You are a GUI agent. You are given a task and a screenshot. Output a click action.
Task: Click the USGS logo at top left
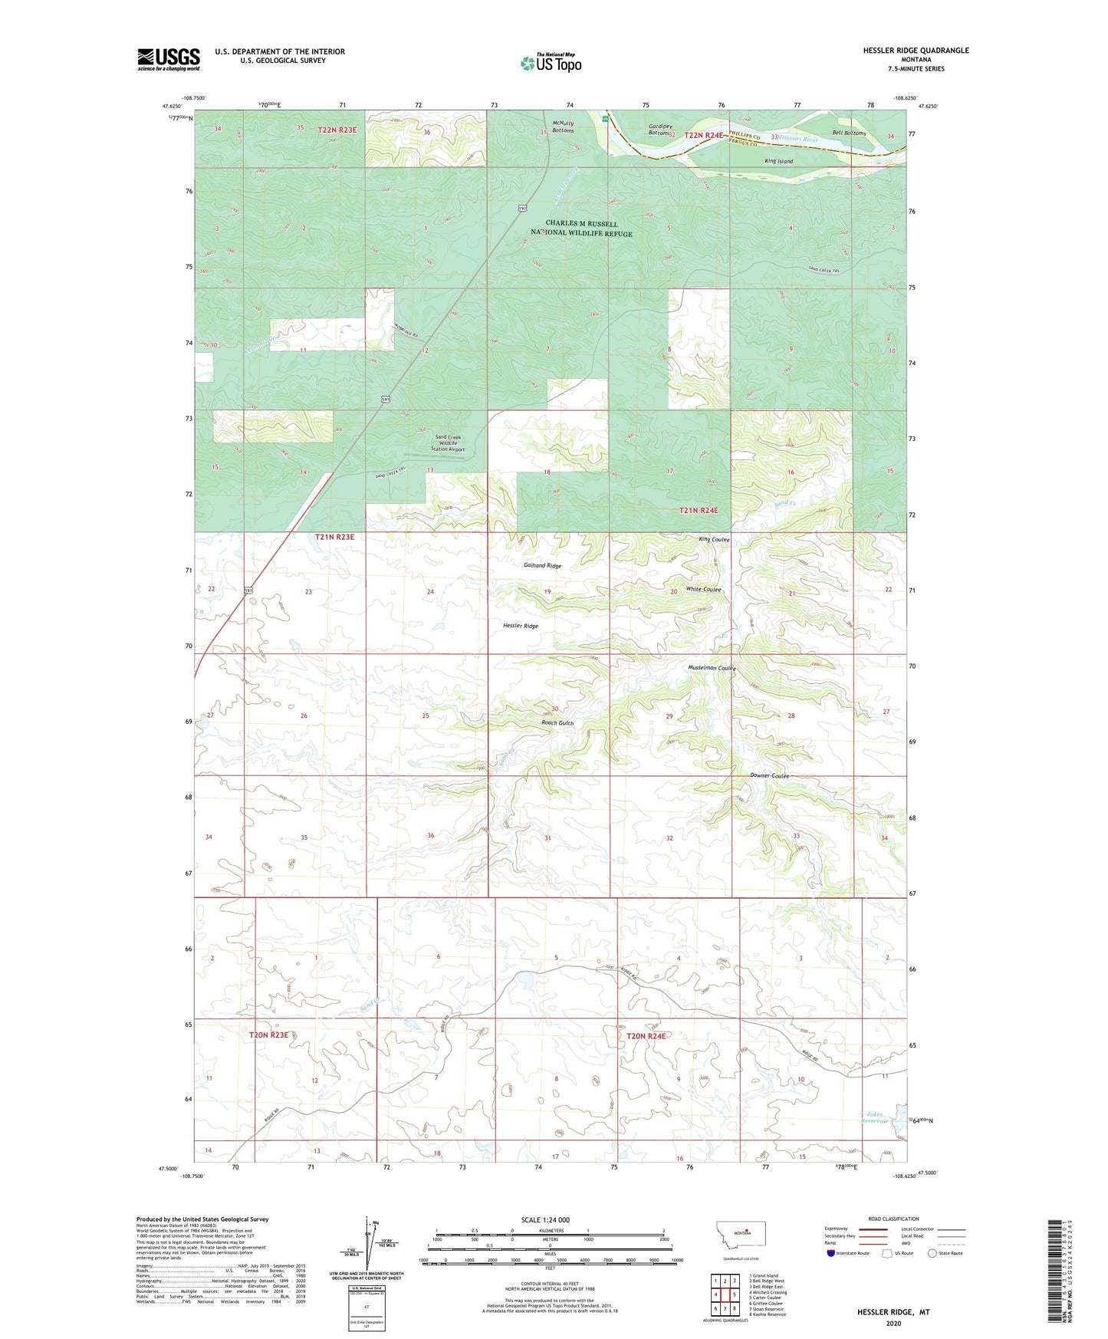click(168, 59)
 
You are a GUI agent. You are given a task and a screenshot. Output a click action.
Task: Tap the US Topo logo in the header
click(551, 63)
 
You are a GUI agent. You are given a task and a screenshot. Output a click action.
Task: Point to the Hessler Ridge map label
click(520, 626)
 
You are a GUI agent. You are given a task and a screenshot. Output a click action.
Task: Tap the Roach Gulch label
click(557, 723)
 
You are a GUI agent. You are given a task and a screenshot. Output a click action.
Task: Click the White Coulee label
click(703, 589)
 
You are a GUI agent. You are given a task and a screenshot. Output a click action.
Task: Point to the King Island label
click(778, 161)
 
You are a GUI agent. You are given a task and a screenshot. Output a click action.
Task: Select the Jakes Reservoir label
click(875, 1117)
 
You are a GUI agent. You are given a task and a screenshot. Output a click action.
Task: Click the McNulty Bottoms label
click(562, 127)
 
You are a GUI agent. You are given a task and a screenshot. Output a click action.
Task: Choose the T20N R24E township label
click(646, 1036)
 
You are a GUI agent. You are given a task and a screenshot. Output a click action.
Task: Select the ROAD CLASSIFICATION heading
click(893, 1219)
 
